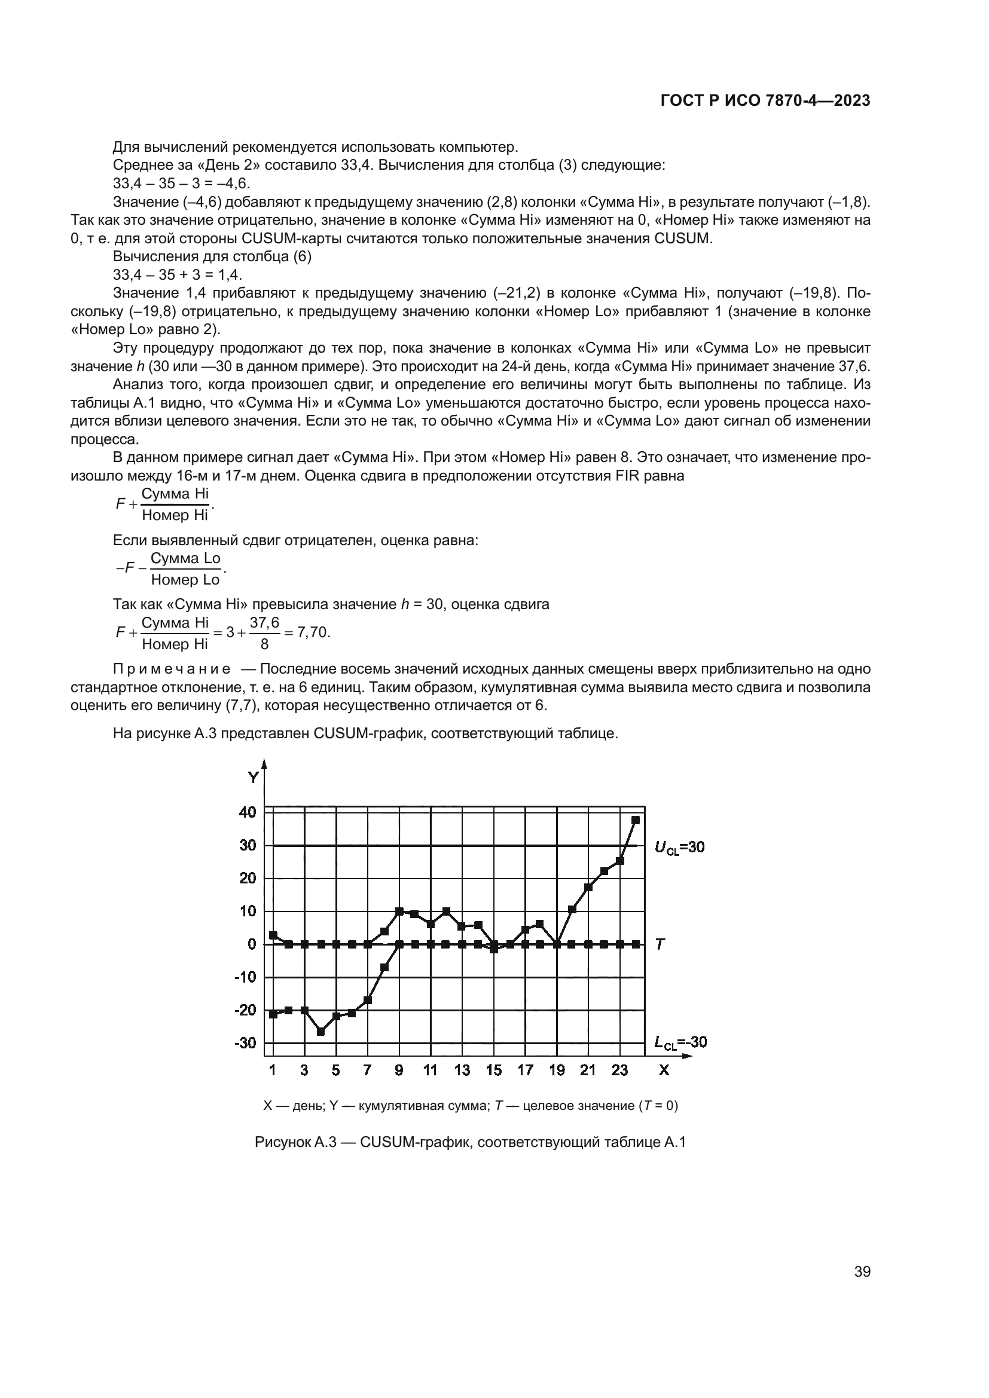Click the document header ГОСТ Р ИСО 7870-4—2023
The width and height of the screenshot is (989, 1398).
(765, 101)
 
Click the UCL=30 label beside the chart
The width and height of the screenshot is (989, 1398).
(679, 847)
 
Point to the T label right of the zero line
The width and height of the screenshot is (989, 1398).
(660, 944)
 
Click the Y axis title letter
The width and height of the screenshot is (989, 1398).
(253, 778)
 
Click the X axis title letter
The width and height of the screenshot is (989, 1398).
(664, 1070)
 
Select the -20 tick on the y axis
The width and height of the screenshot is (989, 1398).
(246, 1010)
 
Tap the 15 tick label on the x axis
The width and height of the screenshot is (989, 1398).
(494, 1070)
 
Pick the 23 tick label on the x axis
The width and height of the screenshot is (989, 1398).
(619, 1070)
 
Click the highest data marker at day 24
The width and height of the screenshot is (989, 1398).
(636, 820)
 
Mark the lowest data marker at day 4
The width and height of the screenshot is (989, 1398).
(321, 1032)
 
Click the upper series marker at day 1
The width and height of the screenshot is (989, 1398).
(273, 935)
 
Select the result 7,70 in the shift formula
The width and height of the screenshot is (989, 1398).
(314, 632)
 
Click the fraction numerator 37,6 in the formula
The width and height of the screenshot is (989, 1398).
(264, 622)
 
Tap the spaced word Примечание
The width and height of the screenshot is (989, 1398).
(172, 669)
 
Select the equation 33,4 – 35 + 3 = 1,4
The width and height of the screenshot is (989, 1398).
(177, 274)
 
